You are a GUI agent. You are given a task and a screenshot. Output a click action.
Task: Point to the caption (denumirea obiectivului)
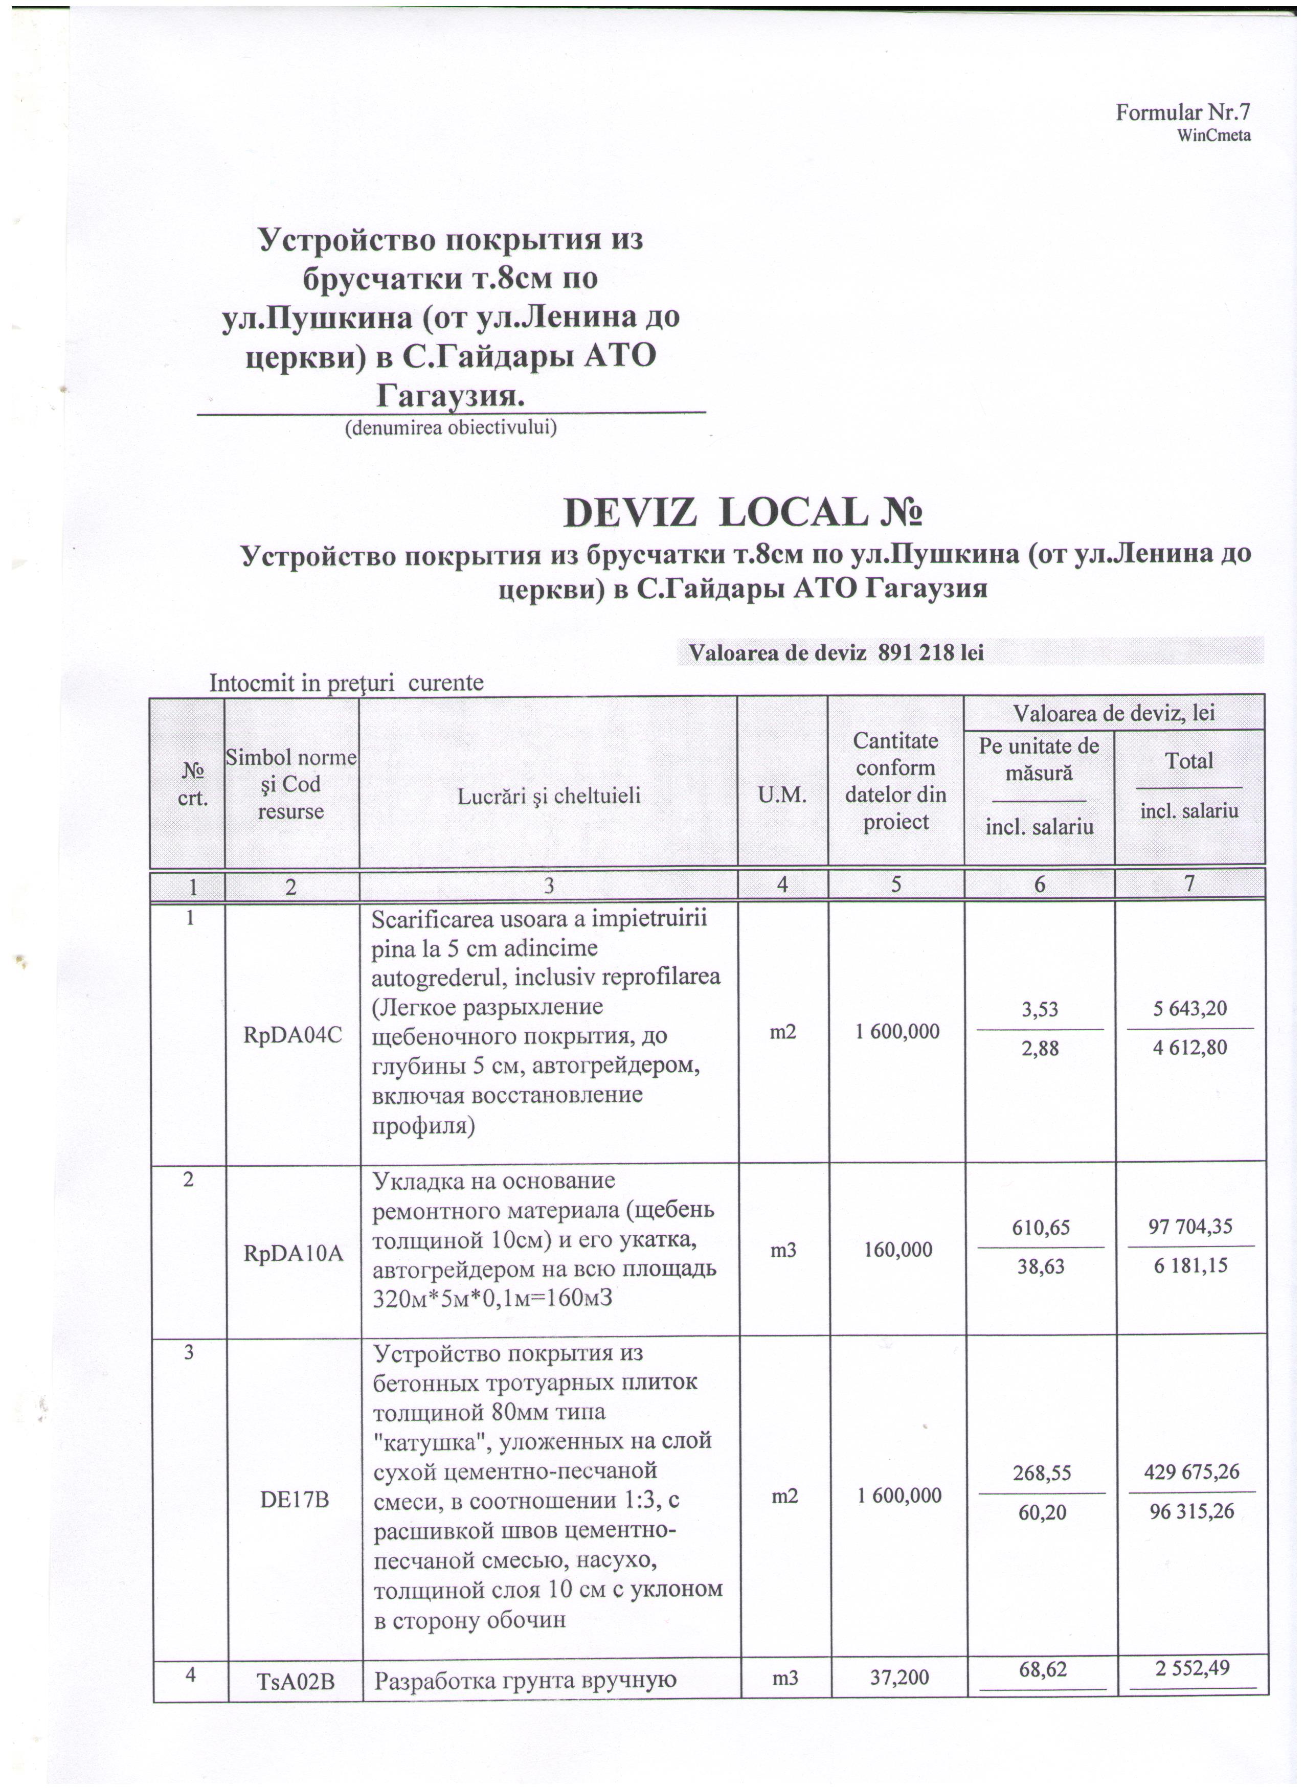click(451, 428)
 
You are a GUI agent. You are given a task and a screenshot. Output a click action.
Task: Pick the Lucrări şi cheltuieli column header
click(549, 796)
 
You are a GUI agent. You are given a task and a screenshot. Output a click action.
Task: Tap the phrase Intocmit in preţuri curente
click(346, 683)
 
